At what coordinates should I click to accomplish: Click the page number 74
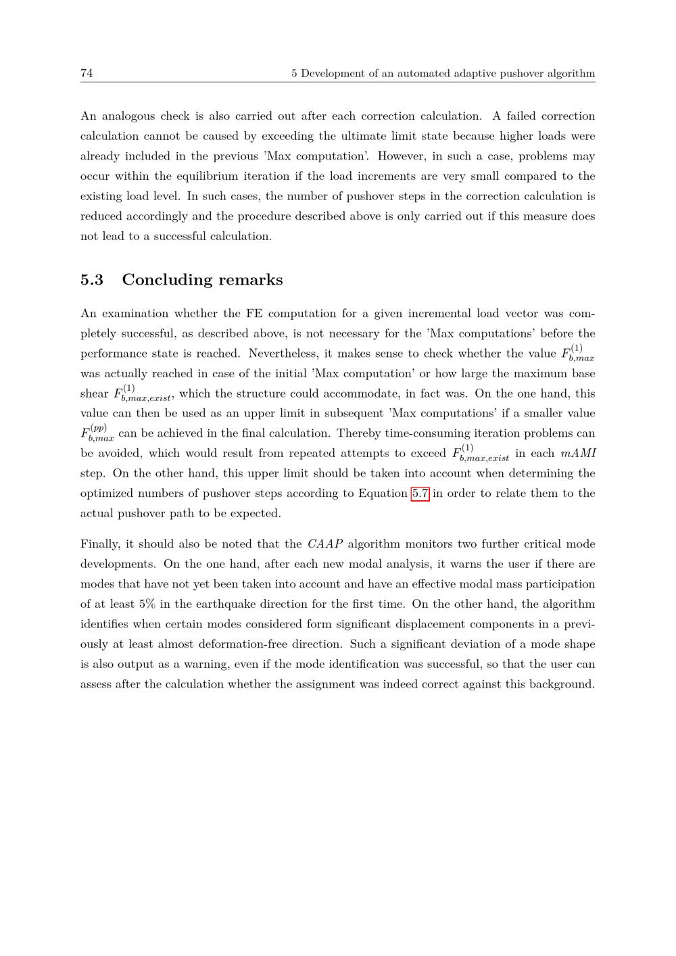87,73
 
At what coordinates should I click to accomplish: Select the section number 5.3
92,280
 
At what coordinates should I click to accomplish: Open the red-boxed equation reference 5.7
420,494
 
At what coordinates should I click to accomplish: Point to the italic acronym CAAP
324,544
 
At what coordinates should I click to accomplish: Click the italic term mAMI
578,454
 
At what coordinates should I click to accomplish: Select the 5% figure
147,604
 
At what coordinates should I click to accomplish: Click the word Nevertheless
290,354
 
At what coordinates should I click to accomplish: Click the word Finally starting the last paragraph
100,544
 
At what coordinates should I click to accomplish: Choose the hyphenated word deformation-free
254,644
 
